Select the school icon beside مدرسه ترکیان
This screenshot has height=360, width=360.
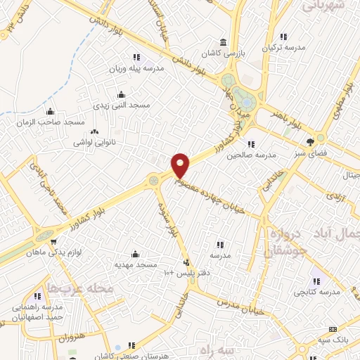283,37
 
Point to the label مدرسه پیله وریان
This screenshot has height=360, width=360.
136,69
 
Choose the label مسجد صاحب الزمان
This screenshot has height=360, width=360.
50,122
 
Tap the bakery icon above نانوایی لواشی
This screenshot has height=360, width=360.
96,131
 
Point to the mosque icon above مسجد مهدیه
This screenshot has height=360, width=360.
136,254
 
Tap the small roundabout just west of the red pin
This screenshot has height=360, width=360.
154,181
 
